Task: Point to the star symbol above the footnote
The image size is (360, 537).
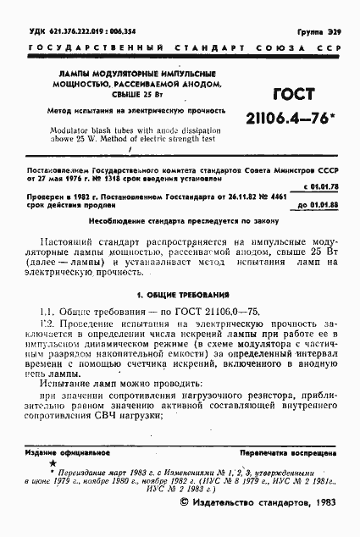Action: point(53,464)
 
